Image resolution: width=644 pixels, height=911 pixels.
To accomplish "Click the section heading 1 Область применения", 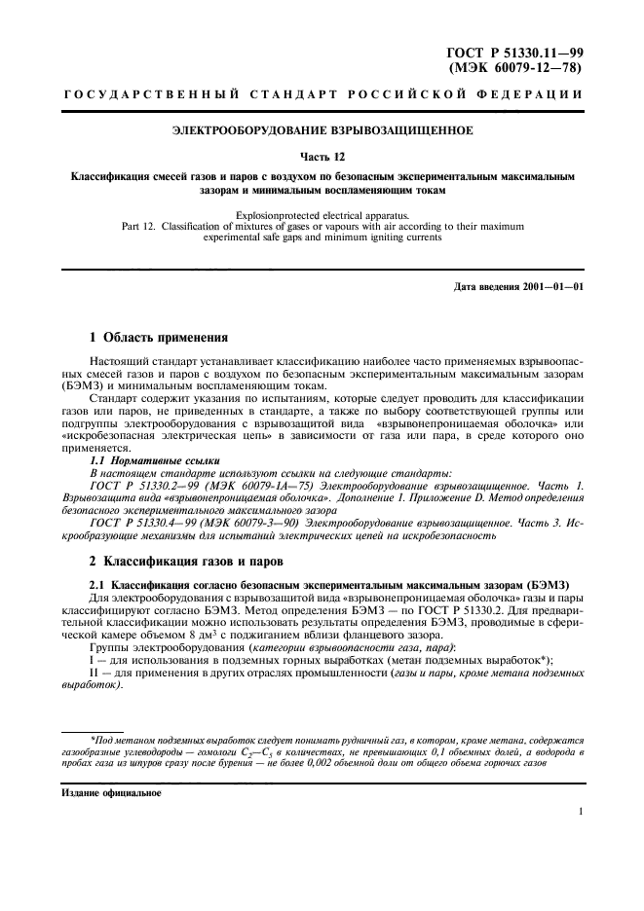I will pyautogui.click(x=159, y=338).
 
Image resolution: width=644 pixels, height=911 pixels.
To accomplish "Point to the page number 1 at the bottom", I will pyautogui.click(x=580, y=811).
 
